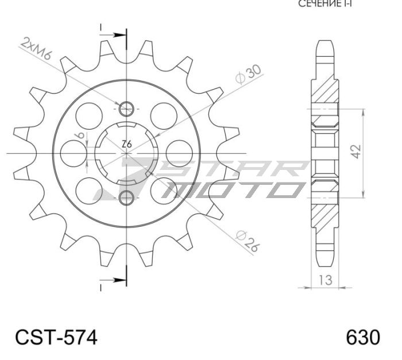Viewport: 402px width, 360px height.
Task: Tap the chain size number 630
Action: tap(362, 336)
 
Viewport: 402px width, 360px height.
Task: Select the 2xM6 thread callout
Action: tap(37, 49)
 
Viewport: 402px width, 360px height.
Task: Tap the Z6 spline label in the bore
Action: tap(127, 145)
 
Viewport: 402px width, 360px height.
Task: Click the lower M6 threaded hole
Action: tap(127, 198)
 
